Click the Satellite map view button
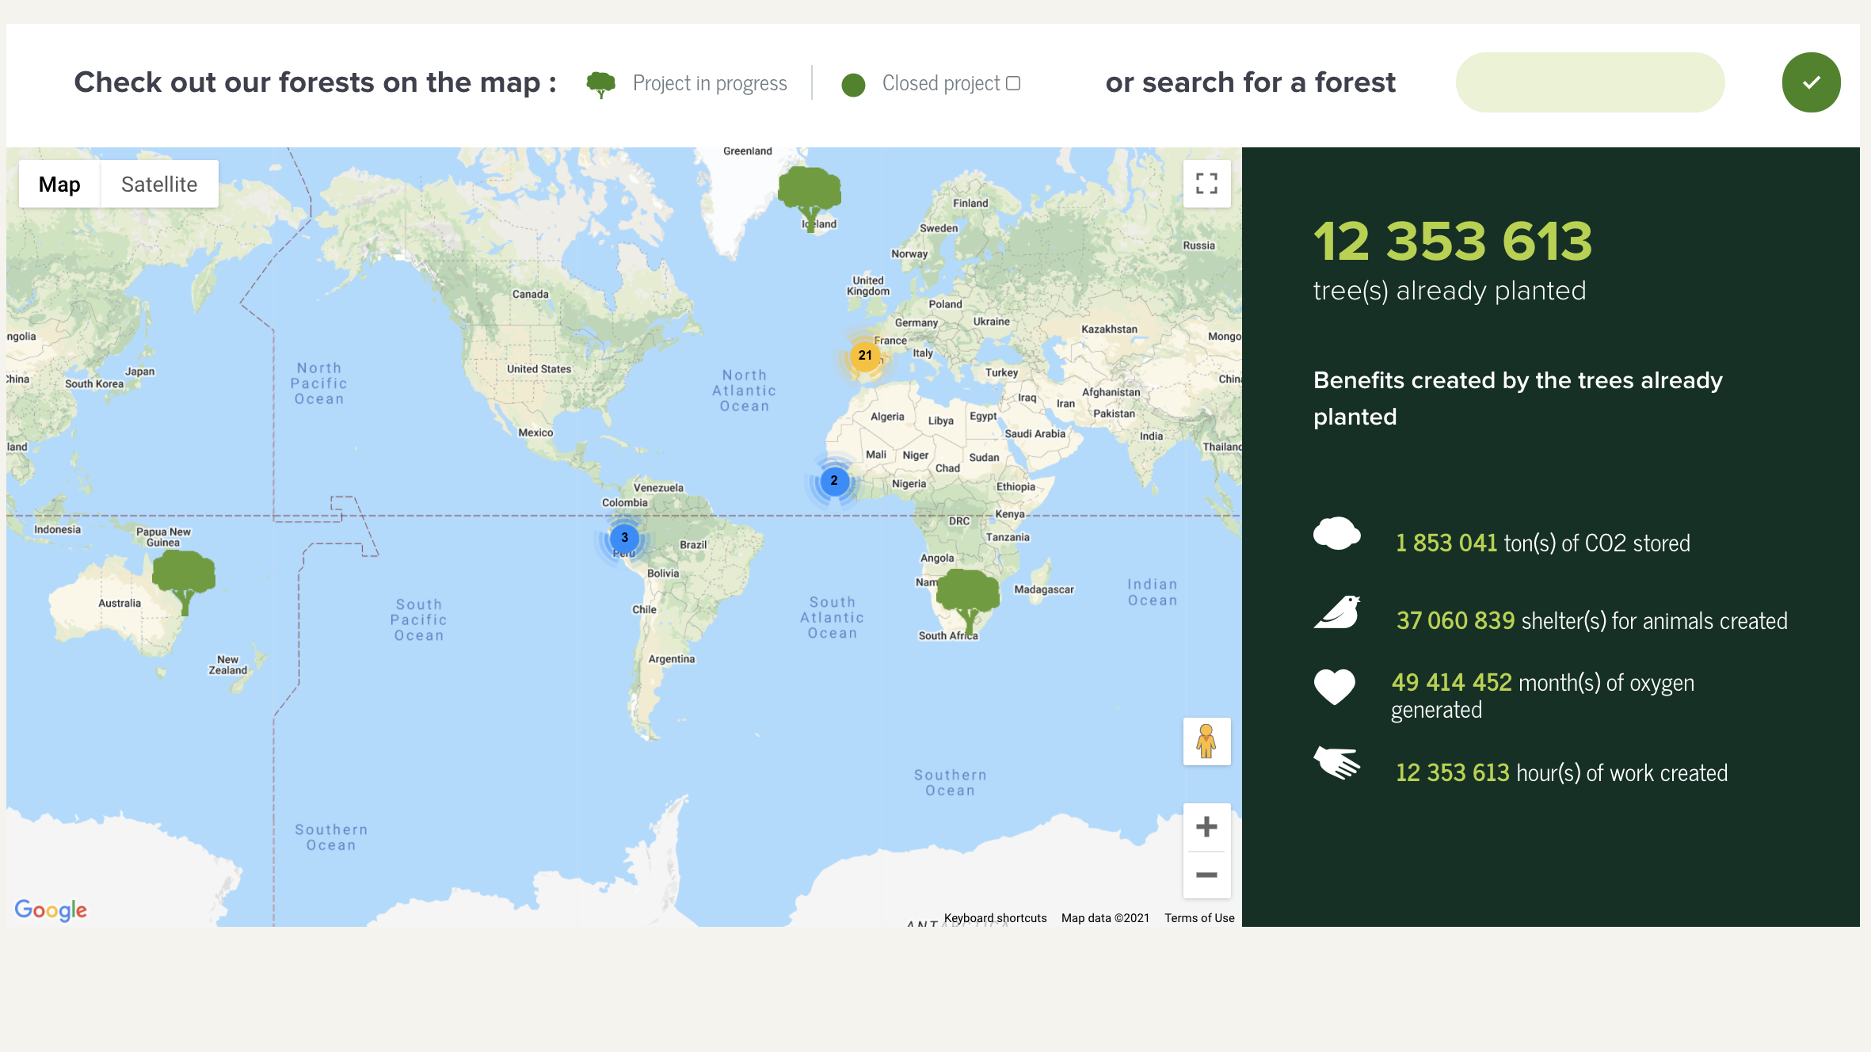tap(159, 185)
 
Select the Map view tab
tap(59, 185)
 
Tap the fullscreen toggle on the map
tap(1206, 184)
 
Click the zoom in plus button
tap(1206, 827)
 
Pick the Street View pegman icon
tap(1206, 741)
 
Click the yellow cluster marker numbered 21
tap(865, 356)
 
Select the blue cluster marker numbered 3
tap(624, 538)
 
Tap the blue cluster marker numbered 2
tap(834, 481)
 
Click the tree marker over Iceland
tap(810, 194)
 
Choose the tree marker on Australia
tap(184, 578)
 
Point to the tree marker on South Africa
tap(967, 597)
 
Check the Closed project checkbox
tap(1013, 83)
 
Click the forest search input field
tap(1590, 82)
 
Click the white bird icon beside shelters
tap(1337, 612)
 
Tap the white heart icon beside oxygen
tap(1335, 686)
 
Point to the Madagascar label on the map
tap(1044, 589)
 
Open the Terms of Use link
tap(1199, 918)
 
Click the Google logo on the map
tap(51, 910)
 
